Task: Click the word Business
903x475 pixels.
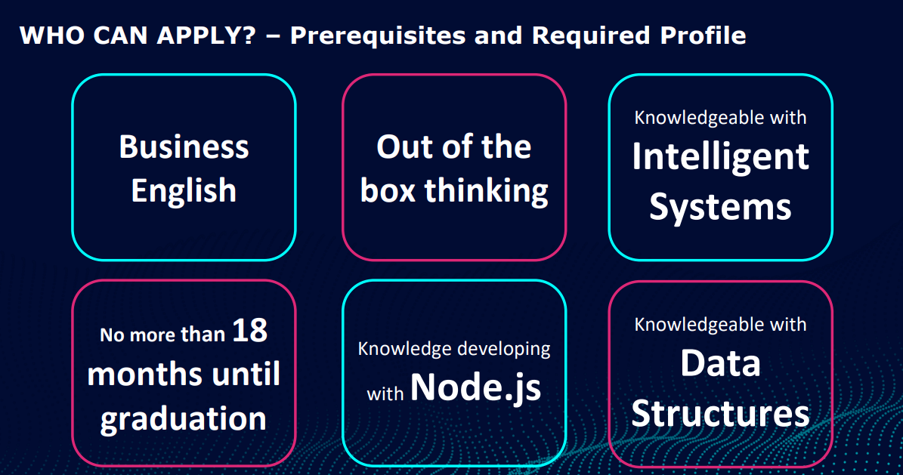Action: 184,147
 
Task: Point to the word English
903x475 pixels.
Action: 184,190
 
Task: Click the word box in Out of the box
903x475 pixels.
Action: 388,190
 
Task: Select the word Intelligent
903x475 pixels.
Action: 720,156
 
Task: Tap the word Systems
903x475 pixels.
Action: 720,205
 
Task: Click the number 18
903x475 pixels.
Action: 249,331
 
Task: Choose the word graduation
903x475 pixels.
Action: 184,418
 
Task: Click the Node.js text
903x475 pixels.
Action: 476,387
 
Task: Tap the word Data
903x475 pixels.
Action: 720,363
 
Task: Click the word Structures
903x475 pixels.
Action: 720,413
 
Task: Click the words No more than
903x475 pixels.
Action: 162,335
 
